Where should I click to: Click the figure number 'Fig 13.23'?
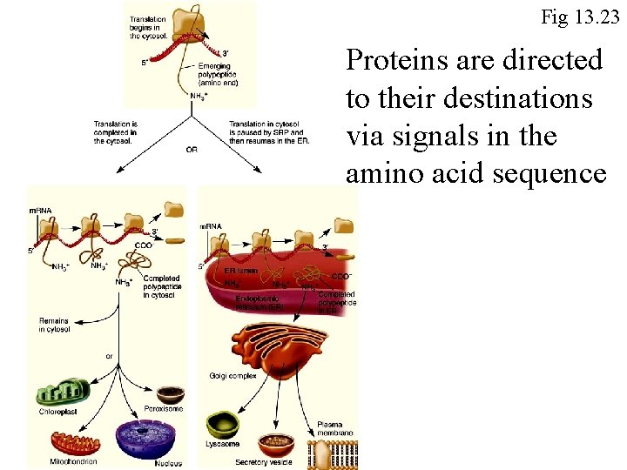[579, 17]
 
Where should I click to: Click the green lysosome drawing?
[223, 424]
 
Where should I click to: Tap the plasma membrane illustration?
[333, 453]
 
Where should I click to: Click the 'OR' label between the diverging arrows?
[191, 150]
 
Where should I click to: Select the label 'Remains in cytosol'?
[53, 325]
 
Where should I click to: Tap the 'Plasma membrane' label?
[335, 427]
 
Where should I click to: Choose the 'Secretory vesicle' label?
[264, 462]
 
